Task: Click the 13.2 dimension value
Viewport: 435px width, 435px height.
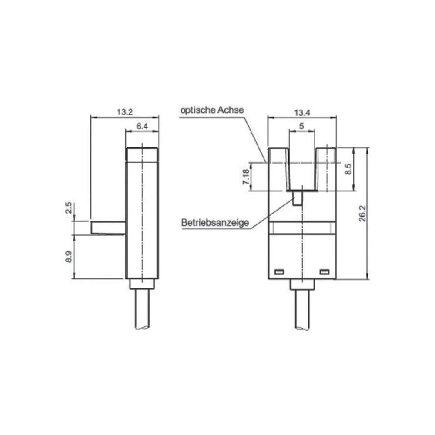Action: pos(124,112)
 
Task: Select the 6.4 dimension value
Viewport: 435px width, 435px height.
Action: pos(142,126)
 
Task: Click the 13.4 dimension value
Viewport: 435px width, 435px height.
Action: pos(301,113)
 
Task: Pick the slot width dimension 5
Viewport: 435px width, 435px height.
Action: pos(301,126)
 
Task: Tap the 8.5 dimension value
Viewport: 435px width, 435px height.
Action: pos(348,169)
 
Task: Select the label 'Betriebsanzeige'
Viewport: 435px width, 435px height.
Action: pos(215,223)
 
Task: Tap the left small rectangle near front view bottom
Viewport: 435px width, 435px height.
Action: pos(278,272)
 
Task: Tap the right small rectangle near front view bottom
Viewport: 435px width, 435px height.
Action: pos(325,272)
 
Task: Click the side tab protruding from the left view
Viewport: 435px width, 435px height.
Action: pos(108,228)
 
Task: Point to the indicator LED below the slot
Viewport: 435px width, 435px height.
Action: pos(298,199)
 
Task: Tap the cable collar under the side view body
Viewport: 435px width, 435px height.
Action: pos(142,284)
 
